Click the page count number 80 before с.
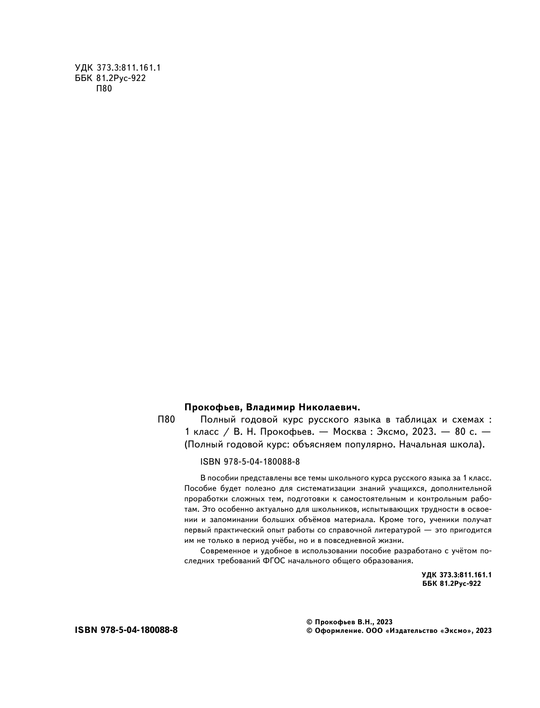pos(454,431)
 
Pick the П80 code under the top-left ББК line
pos(104,89)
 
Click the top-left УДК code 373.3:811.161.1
pos(129,67)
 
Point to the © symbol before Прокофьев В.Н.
pos(310,621)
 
